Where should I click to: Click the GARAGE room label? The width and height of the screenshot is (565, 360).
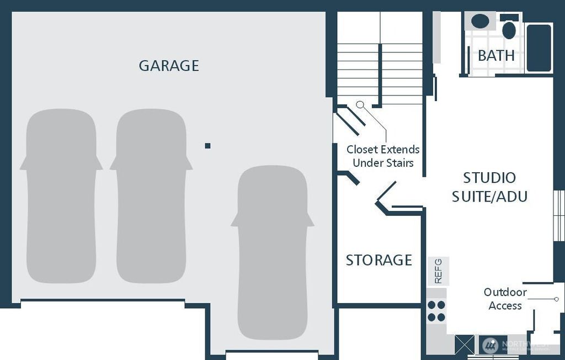[168, 66]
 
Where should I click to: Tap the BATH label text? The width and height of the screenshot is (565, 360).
[496, 56]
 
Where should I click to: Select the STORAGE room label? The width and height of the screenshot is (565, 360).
[379, 260]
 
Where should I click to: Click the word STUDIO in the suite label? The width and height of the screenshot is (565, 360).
[489, 178]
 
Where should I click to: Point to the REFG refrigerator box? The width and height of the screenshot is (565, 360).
[439, 271]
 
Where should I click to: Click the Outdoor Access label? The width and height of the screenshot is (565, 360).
[505, 299]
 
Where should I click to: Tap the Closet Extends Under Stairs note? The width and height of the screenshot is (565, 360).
[383, 156]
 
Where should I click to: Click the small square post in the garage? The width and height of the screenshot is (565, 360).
[207, 146]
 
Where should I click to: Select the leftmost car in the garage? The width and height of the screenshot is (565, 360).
[61, 196]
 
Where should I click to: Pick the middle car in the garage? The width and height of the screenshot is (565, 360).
[151, 196]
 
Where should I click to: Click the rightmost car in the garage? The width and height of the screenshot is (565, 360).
[272, 252]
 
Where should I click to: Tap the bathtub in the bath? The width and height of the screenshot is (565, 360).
[539, 47]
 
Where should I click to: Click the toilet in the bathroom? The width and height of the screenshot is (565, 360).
[509, 29]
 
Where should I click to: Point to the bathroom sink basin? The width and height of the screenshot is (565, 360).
[480, 22]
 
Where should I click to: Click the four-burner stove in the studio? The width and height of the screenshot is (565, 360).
[436, 311]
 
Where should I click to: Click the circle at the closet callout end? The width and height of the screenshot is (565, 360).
[360, 104]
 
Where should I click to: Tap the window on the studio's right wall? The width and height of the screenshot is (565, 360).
[559, 215]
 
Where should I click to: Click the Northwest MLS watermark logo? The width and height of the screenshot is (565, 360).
[491, 346]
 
